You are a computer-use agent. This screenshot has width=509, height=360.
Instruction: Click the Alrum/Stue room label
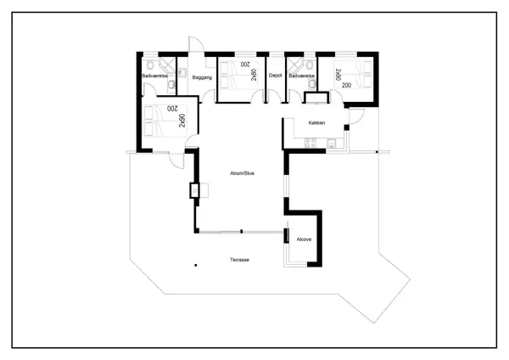(242, 173)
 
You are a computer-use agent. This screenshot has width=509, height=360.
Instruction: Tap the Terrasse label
(239, 260)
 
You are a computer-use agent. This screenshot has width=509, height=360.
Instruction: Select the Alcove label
(304, 239)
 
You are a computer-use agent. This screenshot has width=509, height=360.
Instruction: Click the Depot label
(275, 76)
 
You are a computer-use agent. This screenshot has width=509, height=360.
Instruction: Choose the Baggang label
(203, 77)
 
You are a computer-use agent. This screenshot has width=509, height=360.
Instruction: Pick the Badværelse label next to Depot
(301, 76)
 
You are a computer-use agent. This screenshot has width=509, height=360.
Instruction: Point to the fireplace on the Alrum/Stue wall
(194, 190)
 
